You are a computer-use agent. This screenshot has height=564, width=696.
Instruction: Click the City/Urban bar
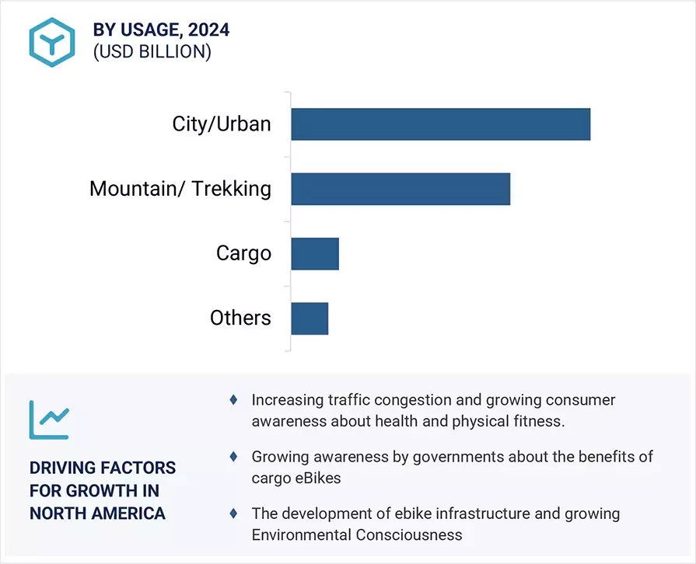coord(440,124)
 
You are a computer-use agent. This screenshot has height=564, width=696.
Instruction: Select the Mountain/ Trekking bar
coord(400,189)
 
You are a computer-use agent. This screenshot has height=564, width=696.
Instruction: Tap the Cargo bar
coord(315,253)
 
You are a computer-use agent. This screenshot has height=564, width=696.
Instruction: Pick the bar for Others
coord(310,318)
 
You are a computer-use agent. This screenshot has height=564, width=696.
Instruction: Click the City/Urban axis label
coord(222,124)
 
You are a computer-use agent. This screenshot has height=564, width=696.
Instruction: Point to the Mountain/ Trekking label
coord(180,189)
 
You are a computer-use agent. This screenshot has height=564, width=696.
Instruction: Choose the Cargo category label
coord(243,253)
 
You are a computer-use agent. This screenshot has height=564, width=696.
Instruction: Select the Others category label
coord(240,318)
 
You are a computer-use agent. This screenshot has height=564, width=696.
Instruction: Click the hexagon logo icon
coord(52,41)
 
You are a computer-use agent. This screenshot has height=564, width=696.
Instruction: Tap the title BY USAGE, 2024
coord(161,30)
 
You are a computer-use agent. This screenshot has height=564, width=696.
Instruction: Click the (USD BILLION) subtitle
coord(152,52)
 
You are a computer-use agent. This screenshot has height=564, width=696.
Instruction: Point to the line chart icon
coord(49,420)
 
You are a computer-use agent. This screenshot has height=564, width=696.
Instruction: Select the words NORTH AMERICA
coord(97,514)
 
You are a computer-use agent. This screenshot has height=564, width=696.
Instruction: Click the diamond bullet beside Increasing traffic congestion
coord(233,399)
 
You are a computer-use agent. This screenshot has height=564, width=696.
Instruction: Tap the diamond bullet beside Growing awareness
coord(233,457)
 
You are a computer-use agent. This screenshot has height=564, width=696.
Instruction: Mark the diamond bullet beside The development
coord(233,514)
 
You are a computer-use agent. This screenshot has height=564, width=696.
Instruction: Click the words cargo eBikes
coord(296,478)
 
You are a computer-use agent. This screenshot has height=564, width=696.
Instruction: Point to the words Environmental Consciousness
coord(357,534)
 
